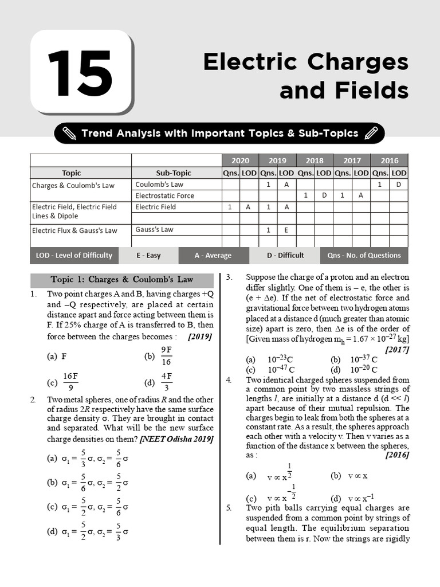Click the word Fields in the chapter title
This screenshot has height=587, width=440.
click(x=373, y=90)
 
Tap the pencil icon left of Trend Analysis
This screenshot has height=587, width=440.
click(x=69, y=134)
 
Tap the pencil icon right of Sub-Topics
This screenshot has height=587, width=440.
click(x=371, y=134)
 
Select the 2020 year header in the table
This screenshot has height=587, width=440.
click(x=240, y=161)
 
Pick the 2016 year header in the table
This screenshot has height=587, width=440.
click(x=389, y=161)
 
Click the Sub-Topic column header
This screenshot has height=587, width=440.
click(x=174, y=173)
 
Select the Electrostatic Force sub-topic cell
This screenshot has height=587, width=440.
click(x=164, y=195)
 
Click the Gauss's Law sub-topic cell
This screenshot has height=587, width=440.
click(x=154, y=229)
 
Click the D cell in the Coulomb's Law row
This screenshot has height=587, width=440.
click(x=399, y=184)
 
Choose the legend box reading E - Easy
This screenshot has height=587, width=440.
click(x=148, y=255)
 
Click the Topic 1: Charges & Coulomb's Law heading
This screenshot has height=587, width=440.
click(x=122, y=280)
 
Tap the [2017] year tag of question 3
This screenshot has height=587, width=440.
click(x=397, y=349)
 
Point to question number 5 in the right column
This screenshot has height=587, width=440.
click(x=229, y=508)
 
